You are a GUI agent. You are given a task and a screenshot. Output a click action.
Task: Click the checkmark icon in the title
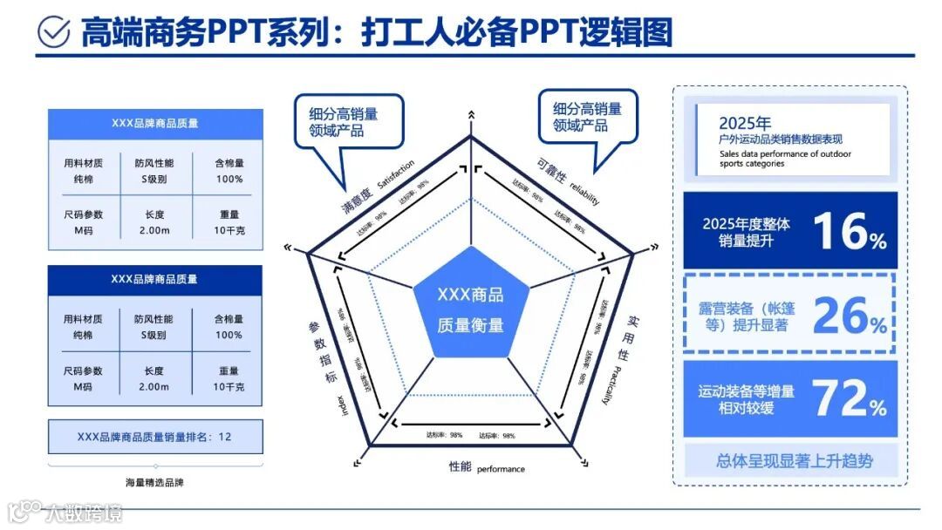point(54,31)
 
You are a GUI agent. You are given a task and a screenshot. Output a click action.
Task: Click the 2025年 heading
point(744,123)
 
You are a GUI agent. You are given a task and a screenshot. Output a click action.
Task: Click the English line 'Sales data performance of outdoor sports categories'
point(784,159)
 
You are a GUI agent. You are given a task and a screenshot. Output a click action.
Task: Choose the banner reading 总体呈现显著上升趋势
point(793,460)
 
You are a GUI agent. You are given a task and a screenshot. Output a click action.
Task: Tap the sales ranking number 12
point(224,436)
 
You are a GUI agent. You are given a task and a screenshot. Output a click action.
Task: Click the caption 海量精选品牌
point(155,482)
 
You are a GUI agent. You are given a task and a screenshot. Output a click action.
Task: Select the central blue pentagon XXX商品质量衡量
point(470,309)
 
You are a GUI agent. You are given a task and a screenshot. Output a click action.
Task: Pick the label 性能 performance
point(487,468)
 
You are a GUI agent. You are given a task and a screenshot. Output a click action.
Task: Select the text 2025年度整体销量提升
point(746,232)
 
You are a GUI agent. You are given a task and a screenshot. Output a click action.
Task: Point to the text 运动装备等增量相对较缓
point(746,399)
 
